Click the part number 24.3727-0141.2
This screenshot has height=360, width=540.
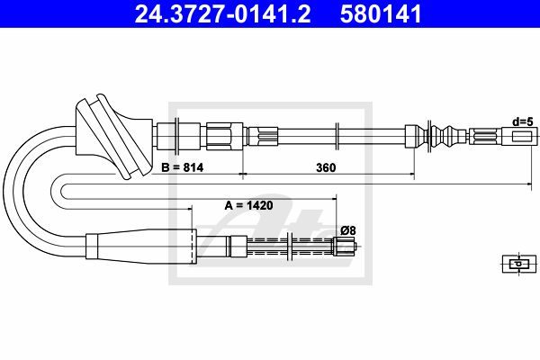pyautogui.click(x=222, y=13)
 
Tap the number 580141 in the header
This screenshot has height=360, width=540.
pyautogui.click(x=381, y=13)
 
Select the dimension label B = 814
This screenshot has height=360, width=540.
pyautogui.click(x=183, y=167)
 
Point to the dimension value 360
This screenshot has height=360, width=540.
pyautogui.click(x=326, y=167)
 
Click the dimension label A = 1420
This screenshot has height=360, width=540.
pyautogui.click(x=248, y=206)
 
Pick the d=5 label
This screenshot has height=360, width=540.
pyautogui.click(x=523, y=121)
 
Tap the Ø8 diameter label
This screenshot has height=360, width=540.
pyautogui.click(x=348, y=230)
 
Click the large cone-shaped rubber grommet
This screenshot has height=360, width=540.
pyautogui.click(x=113, y=136)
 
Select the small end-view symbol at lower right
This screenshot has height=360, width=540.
pyautogui.click(x=519, y=265)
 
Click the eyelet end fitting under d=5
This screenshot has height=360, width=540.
pyautogui.click(x=519, y=137)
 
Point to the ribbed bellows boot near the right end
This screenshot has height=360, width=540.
pyautogui.click(x=447, y=137)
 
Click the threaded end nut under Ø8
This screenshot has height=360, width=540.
pyautogui.click(x=344, y=247)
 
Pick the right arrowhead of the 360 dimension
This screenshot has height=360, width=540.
pyautogui.click(x=412, y=175)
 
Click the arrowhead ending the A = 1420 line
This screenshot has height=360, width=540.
pyautogui.click(x=333, y=198)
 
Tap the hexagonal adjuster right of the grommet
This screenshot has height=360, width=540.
pyautogui.click(x=224, y=136)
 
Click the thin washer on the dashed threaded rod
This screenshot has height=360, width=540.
pyautogui.click(x=292, y=247)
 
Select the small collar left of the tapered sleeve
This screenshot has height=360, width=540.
pyautogui.click(x=92, y=246)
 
